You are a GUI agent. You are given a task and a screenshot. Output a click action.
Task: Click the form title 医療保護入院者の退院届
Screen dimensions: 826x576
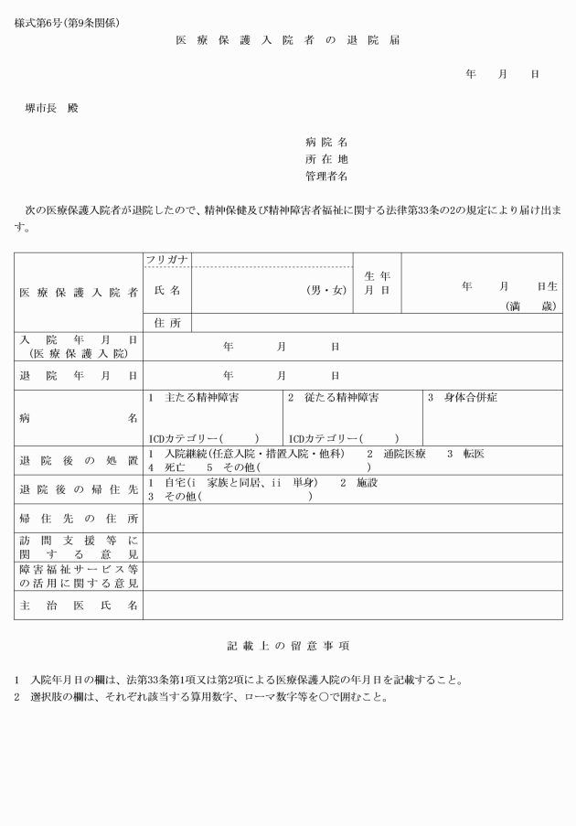tap(287, 41)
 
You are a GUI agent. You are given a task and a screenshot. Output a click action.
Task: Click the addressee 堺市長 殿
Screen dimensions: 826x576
tap(51, 108)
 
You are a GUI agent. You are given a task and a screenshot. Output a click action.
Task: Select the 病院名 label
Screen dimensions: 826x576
tap(326, 143)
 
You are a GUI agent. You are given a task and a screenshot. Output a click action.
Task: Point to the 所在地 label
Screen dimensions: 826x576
tap(326, 159)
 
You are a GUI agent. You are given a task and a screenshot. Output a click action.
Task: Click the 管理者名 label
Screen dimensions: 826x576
tap(326, 176)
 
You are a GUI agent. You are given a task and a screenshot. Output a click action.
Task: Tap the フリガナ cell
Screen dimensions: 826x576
tap(167, 260)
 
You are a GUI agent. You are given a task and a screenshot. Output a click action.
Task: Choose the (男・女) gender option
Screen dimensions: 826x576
tap(326, 290)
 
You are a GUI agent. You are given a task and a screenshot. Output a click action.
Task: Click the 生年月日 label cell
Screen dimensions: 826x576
tap(377, 283)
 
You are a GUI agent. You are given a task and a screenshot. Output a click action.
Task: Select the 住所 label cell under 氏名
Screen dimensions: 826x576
tap(167, 323)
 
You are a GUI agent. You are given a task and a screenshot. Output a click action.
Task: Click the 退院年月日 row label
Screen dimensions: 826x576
tap(79, 376)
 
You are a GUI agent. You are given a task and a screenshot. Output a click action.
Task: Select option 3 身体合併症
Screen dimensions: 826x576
tap(463, 398)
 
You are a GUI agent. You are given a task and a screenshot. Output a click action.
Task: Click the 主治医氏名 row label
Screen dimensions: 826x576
tap(79, 606)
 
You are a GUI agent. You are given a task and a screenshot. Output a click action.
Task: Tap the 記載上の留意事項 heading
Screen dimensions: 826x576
tap(287, 646)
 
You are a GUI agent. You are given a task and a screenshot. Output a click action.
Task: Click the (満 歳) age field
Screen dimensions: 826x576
tap(531, 307)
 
